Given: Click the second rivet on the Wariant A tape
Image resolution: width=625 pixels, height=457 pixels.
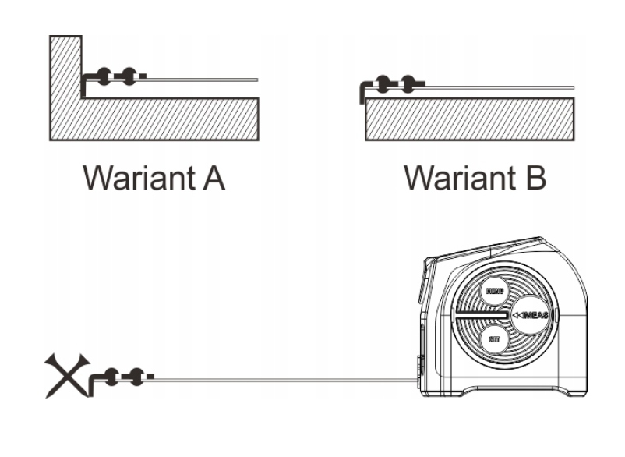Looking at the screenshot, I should pos(126,76).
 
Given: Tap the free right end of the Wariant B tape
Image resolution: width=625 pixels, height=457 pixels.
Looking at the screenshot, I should pos(573,85).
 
